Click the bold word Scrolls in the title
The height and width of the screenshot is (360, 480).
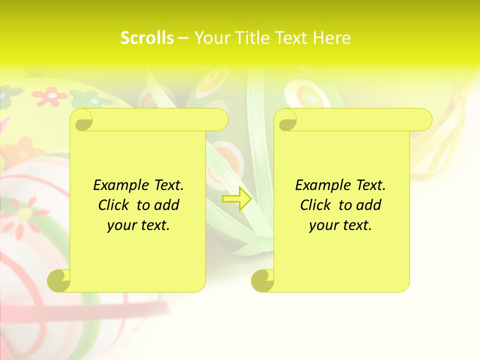[x=147, y=38]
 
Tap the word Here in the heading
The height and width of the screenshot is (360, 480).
[x=332, y=38]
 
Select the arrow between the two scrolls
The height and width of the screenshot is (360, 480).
[x=237, y=199]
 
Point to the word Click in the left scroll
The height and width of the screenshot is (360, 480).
[x=114, y=205]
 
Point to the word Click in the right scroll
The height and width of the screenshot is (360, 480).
[x=316, y=205]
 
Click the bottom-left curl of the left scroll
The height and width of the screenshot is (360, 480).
[x=58, y=280]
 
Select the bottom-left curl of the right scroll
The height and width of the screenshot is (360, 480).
[x=262, y=280]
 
